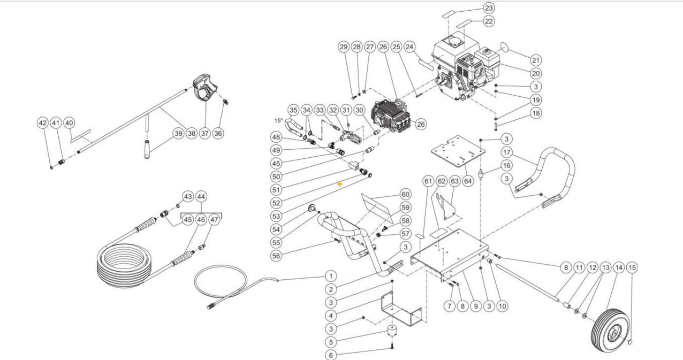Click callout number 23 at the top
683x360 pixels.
489,8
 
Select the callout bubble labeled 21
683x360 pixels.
536,60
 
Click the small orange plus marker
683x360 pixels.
340,183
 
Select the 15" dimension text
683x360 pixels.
278,120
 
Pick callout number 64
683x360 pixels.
468,182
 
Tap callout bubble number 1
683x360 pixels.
331,276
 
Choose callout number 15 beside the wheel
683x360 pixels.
632,267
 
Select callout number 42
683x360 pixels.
43,122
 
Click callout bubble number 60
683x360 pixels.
405,194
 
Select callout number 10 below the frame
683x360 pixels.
502,306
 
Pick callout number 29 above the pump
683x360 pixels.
344,47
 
